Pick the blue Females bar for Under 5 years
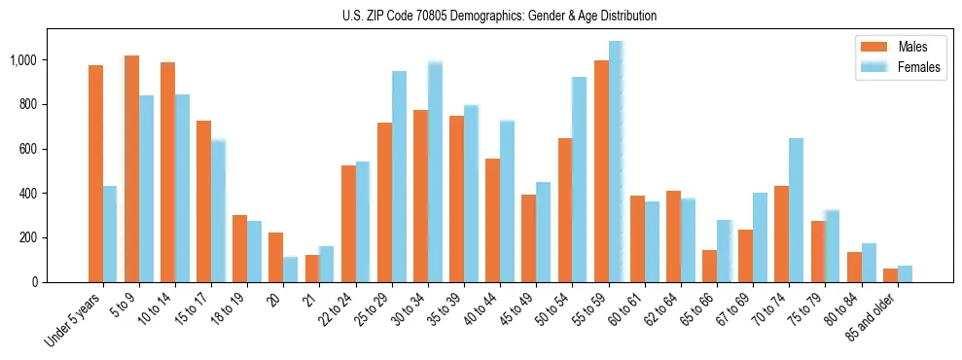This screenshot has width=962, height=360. pos(110,234)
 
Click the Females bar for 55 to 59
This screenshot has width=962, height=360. pos(616,162)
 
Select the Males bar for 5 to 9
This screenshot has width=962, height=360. pos(131,168)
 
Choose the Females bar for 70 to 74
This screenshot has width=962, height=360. pos(796,210)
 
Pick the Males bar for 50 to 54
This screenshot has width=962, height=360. pos(565,210)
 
